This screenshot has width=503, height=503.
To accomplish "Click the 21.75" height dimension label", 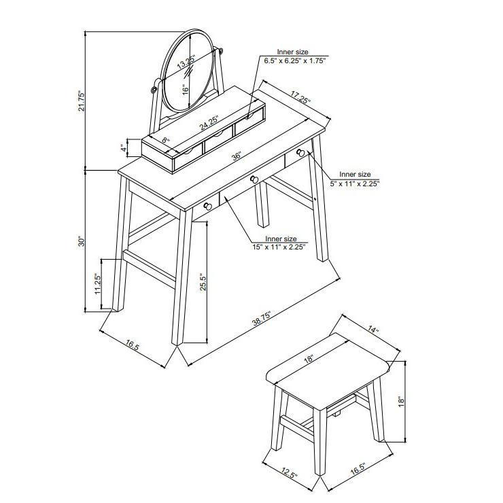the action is click(x=82, y=101).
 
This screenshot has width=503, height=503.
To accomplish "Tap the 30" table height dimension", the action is click(x=82, y=241).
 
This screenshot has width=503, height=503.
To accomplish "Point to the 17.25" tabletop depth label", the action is click(x=301, y=97).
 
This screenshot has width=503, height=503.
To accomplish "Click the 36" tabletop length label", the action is click(x=237, y=156).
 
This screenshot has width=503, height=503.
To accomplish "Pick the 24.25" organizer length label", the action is click(x=209, y=122).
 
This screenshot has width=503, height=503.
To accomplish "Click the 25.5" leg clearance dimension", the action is click(x=203, y=282).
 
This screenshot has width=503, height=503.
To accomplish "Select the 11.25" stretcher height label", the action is click(x=98, y=284).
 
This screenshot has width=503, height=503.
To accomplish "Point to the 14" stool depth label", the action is click(x=373, y=330).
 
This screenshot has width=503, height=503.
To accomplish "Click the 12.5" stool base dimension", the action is click(x=290, y=473).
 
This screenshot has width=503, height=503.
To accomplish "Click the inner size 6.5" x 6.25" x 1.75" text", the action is click(x=294, y=56).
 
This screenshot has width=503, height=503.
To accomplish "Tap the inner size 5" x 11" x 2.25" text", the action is click(x=355, y=179).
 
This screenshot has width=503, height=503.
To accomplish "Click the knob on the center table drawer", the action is click(x=254, y=179).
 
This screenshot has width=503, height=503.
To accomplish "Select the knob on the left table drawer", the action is click(x=207, y=206).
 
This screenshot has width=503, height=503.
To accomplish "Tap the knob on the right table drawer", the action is click(x=300, y=153).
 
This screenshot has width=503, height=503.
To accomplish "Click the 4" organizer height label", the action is click(x=123, y=148).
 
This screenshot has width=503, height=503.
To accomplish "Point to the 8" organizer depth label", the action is click(x=166, y=140).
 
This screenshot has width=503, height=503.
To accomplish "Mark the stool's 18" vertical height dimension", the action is click(x=401, y=402).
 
